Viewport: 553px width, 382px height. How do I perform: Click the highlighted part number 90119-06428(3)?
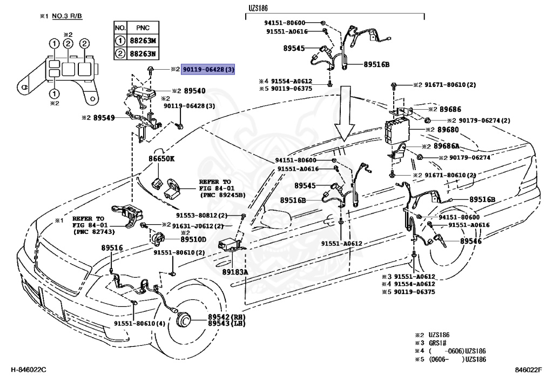tap(208, 70)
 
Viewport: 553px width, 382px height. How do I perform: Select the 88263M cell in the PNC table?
tap(143, 41)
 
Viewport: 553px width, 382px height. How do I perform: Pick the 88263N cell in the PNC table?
tap(143, 54)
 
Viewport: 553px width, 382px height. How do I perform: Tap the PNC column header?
tap(143, 28)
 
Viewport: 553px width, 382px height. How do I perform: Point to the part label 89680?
tap(448, 130)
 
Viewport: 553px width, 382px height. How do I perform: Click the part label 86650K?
tap(161, 159)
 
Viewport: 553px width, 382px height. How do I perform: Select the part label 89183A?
tap(235, 272)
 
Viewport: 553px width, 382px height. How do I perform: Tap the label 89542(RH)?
tap(226, 317)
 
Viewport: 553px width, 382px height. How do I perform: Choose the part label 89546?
tap(470, 241)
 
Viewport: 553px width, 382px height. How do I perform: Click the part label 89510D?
tap(193, 239)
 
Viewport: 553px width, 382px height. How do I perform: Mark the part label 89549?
tap(104, 118)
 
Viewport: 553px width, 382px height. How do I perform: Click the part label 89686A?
tap(447, 146)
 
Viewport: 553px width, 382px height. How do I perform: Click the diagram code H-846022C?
tap(28, 370)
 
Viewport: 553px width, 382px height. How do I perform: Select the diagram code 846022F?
tap(528, 370)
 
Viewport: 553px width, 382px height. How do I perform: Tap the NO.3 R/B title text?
tap(67, 16)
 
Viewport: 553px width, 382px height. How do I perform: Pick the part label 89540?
tap(194, 91)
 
